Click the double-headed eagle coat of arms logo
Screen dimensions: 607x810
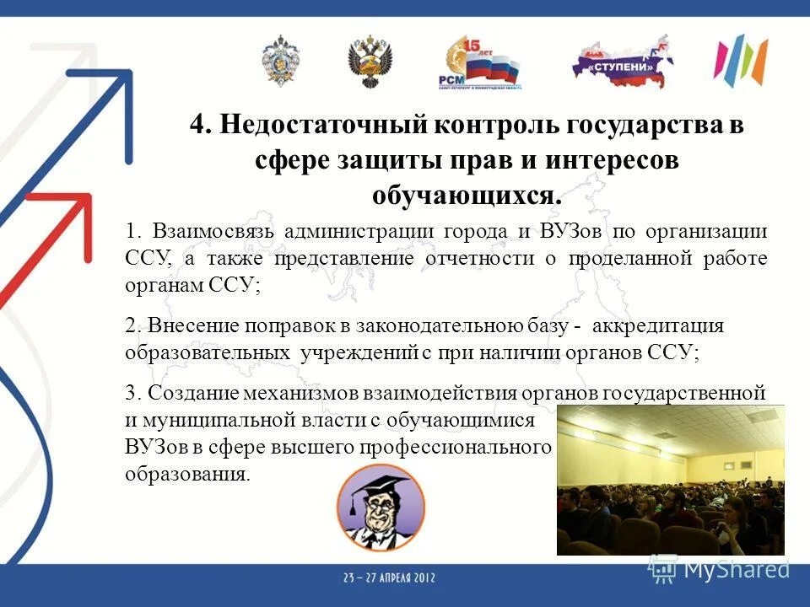(370, 62)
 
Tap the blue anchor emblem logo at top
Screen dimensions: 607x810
(280, 60)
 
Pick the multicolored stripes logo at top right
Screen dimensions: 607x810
(740, 61)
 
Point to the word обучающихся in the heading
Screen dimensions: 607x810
(466, 195)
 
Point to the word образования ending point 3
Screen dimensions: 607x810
(186, 473)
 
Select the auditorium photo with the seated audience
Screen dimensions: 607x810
(670, 479)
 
